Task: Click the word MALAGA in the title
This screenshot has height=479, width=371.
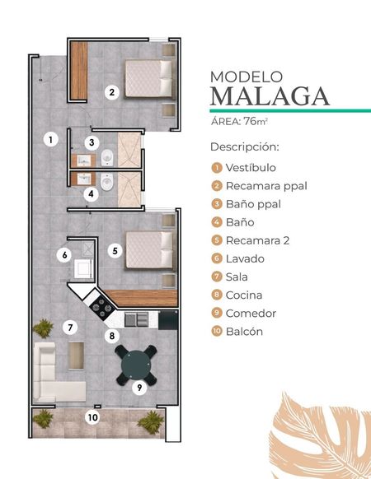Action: (270, 96)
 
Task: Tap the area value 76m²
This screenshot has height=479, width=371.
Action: (256, 121)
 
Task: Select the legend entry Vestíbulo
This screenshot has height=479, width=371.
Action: (251, 168)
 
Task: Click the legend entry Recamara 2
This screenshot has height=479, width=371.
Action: (257, 240)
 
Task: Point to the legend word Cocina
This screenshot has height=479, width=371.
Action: (244, 295)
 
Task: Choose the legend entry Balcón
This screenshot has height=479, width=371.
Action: (244, 332)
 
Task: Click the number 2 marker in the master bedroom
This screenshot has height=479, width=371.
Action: (112, 92)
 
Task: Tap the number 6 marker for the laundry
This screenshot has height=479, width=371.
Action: (64, 255)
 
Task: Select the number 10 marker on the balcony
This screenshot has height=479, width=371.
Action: (92, 417)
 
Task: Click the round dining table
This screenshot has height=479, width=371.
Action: (136, 365)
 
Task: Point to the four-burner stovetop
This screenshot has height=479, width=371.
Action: (102, 308)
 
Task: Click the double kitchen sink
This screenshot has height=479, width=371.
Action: (137, 319)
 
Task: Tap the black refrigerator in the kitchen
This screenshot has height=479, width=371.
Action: (168, 320)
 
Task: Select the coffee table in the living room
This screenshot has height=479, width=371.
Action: (76, 356)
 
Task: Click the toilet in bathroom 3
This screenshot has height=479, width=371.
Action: (107, 158)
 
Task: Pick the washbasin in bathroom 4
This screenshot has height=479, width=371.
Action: (83, 179)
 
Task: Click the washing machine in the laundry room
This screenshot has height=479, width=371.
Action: (83, 268)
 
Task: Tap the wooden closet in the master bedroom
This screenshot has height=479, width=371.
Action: (79, 71)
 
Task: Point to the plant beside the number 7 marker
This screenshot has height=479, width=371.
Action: (43, 328)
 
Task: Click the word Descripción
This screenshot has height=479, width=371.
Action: (245, 147)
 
